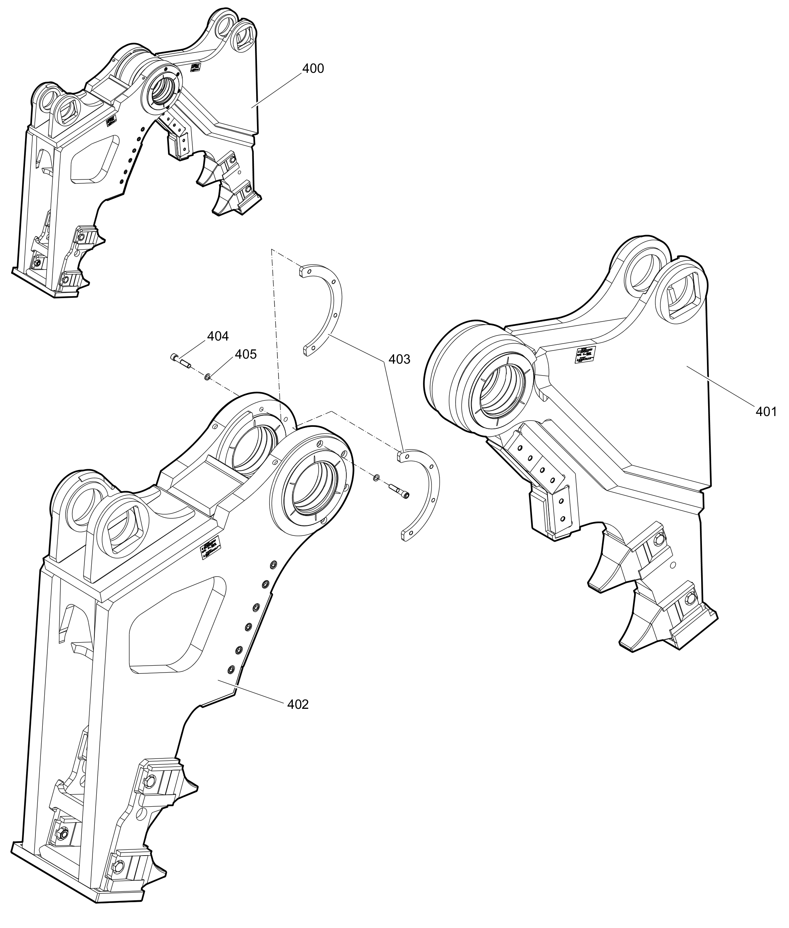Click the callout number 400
point(313,69)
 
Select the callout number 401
point(766,411)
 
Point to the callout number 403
point(399,359)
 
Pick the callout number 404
point(218,336)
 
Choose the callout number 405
point(246,354)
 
